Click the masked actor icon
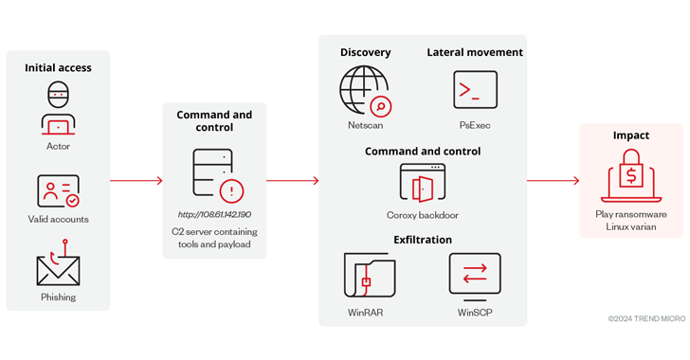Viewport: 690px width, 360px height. click(x=58, y=108)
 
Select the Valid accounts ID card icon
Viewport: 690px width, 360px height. click(x=58, y=191)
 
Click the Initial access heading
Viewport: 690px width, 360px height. click(x=58, y=68)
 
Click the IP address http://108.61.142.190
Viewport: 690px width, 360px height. click(x=214, y=214)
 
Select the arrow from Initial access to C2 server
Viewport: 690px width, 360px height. click(x=136, y=180)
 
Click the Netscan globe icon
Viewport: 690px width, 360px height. click(x=365, y=91)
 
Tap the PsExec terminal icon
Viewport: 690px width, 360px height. click(x=475, y=90)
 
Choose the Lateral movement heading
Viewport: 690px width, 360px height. click(x=475, y=52)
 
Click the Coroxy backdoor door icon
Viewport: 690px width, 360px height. click(x=423, y=183)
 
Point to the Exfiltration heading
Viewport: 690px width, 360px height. click(x=423, y=240)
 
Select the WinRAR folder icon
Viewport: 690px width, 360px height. click(x=370, y=275)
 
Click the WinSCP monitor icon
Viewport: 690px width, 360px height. click(x=475, y=277)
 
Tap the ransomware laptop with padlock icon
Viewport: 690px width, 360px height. click(x=631, y=175)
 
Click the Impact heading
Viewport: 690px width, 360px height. click(x=631, y=135)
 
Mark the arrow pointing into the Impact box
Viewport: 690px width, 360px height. click(x=554, y=180)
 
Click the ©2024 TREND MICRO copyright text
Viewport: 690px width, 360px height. click(x=646, y=318)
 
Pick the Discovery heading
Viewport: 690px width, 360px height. click(x=365, y=52)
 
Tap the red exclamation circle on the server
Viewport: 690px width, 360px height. click(x=231, y=191)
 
